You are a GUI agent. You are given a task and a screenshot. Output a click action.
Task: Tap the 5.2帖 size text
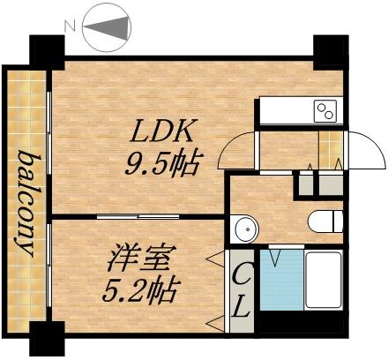point(141,289)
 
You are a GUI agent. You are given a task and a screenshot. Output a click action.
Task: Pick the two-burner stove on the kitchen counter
point(325,111)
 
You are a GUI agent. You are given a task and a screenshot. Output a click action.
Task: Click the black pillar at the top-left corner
point(46,49)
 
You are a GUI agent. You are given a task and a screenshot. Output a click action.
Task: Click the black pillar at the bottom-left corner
point(46,340)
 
